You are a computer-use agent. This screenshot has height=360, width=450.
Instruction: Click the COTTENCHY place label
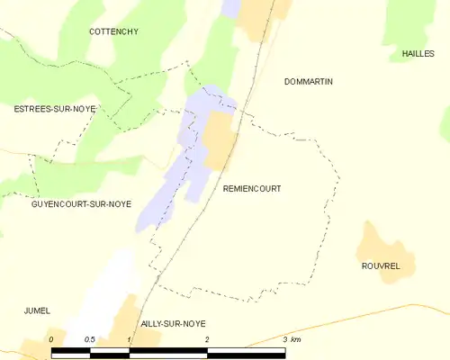click(113, 31)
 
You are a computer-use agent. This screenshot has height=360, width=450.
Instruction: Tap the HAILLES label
click(418, 54)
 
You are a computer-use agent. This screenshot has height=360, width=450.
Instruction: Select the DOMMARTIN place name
click(308, 82)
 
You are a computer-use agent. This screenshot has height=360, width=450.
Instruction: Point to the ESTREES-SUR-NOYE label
click(54, 109)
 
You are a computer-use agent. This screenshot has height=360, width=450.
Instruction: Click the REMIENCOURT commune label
click(251, 189)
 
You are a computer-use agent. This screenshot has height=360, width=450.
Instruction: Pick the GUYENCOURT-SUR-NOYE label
click(81, 204)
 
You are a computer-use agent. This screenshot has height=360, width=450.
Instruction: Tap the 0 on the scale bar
click(51, 339)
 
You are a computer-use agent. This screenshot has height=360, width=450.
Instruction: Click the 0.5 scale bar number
click(90, 339)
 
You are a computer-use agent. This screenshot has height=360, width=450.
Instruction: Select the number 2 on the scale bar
click(207, 339)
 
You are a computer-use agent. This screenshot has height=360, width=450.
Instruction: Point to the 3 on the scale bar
click(284, 339)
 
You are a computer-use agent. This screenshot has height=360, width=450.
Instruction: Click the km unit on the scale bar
click(296, 339)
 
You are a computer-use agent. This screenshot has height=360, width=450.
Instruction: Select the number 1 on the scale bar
click(130, 339)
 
